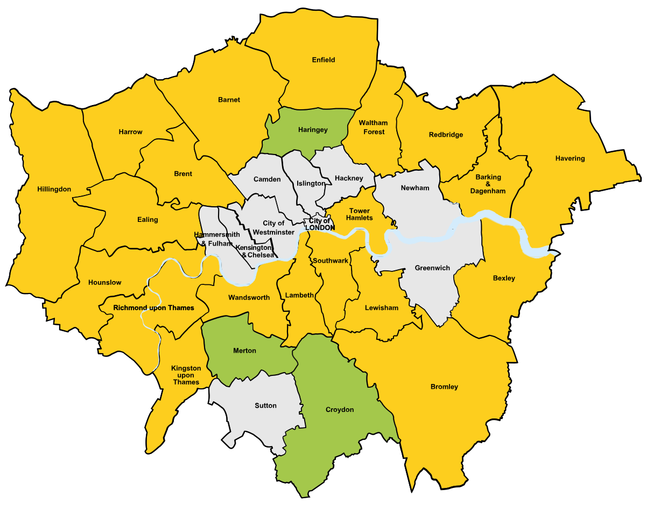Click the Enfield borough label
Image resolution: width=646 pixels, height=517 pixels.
(324, 60)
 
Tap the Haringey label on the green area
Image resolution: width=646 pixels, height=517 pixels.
(312, 130)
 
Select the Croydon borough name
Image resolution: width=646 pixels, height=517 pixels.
(340, 410)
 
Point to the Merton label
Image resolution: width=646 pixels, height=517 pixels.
(244, 351)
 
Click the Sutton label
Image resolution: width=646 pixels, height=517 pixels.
(265, 406)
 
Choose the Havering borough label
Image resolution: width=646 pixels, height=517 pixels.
(570, 158)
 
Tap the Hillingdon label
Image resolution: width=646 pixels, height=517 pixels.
(54, 189)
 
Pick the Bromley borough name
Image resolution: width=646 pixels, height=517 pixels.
(444, 387)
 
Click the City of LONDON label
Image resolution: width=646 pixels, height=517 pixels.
(320, 224)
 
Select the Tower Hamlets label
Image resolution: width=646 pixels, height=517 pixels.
(360, 214)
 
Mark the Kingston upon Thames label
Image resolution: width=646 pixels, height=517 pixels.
(186, 375)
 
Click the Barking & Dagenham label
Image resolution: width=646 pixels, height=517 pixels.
(488, 184)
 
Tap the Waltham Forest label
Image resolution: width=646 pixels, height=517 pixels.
(373, 128)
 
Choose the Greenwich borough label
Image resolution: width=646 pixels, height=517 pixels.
(432, 268)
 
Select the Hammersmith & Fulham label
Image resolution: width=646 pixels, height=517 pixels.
(217, 239)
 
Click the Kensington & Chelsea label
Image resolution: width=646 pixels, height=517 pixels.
(255, 251)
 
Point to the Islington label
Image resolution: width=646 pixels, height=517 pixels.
(311, 184)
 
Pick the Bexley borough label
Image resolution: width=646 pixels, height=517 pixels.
(504, 278)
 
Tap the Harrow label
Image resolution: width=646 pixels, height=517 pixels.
(131, 132)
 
